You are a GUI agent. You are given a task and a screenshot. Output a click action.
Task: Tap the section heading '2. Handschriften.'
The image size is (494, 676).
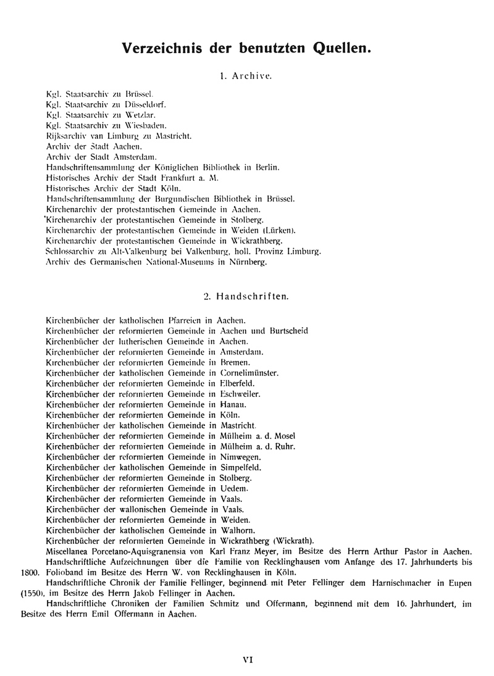coord(246,296)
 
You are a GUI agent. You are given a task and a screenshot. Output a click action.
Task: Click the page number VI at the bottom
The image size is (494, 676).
coord(248,659)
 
